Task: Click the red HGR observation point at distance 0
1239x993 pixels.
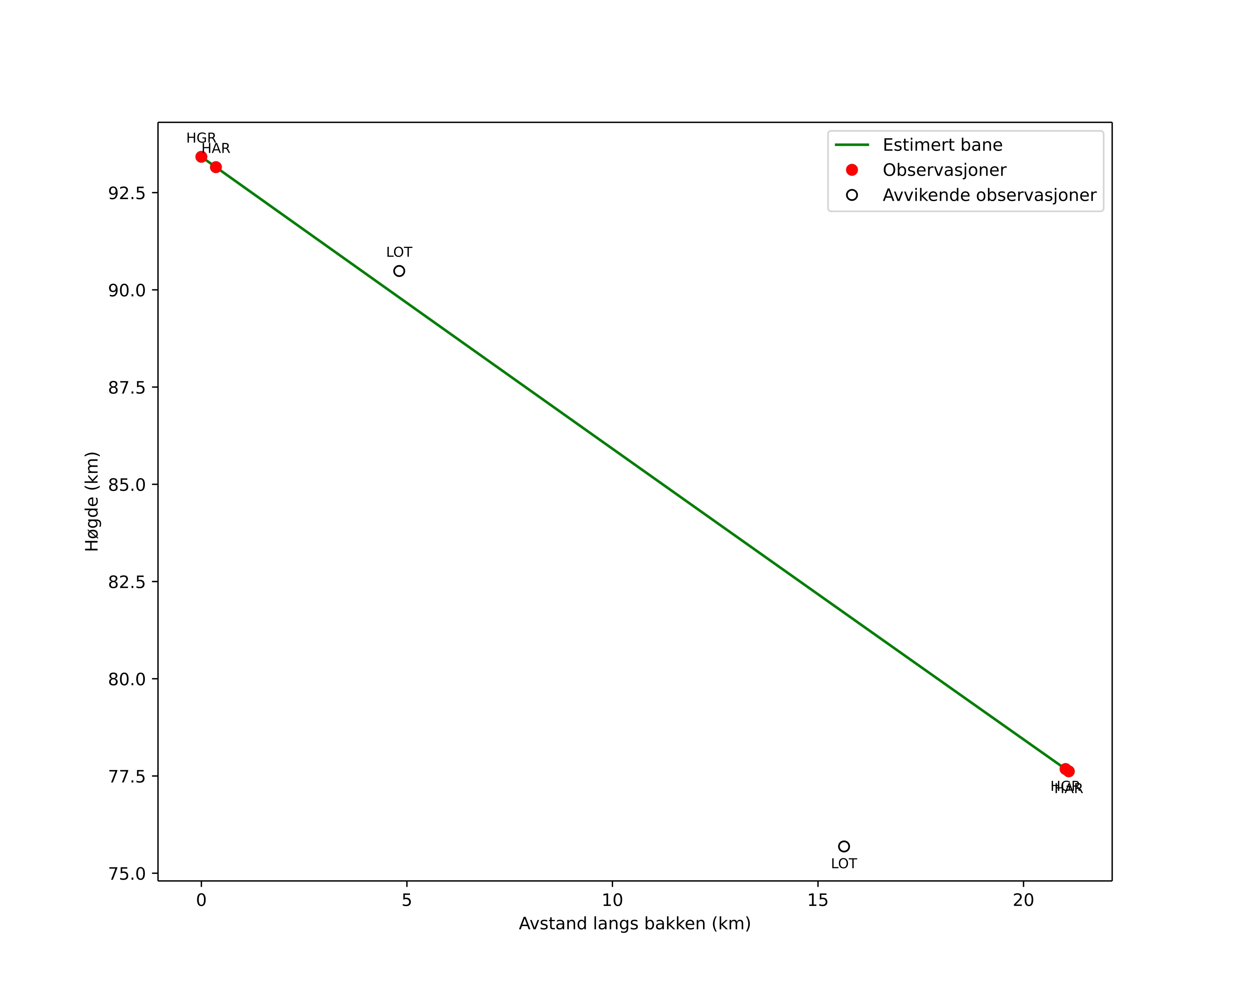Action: tap(201, 157)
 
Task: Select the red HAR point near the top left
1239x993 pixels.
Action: tap(216, 167)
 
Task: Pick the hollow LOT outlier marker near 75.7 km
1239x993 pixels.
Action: tap(844, 846)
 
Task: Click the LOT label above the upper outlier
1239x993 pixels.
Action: tap(399, 252)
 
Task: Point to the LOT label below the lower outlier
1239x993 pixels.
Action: tap(844, 864)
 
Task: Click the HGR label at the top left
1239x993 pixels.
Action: tap(201, 138)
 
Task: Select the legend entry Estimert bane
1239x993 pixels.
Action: tap(942, 145)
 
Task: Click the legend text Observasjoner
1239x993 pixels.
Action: tap(944, 170)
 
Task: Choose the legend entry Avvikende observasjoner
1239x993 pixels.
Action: tap(989, 195)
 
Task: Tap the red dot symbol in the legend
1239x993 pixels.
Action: tap(852, 170)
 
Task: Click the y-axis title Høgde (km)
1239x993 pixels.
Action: tap(92, 501)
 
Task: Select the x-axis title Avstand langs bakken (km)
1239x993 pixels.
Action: tap(634, 924)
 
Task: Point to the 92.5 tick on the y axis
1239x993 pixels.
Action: tap(126, 193)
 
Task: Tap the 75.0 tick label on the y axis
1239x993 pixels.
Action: tap(126, 874)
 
